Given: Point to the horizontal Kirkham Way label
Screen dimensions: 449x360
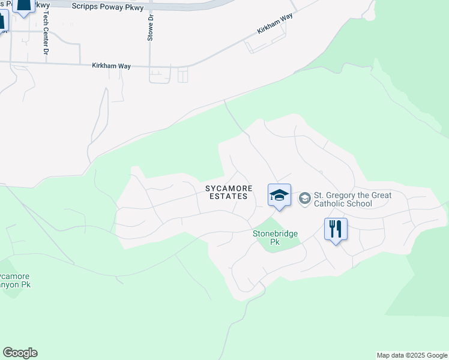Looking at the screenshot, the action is click(111, 65).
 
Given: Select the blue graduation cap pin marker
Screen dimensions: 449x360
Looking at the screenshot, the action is click(279, 196).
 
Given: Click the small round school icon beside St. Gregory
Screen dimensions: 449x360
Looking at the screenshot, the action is click(304, 198).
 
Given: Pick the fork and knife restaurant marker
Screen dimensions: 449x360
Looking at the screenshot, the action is click(336, 229).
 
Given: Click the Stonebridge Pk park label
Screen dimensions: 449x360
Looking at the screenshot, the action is click(275, 238).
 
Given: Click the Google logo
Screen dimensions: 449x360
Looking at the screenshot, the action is click(20, 353).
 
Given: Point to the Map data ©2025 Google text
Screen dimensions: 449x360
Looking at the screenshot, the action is click(412, 355).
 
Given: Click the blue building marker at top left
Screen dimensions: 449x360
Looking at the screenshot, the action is click(23, 5).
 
